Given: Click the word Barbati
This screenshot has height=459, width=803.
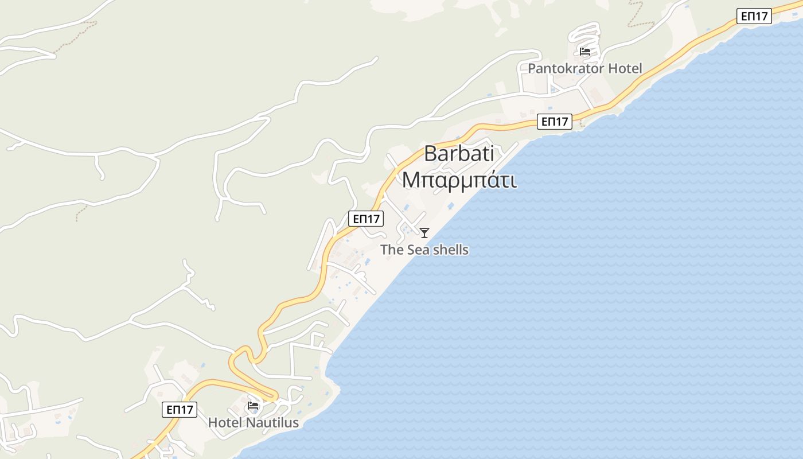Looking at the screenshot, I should coord(459,154).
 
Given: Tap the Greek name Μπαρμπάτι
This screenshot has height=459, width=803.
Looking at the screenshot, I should coord(459,180).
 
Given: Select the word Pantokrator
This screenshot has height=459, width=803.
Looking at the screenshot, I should coord(565,69).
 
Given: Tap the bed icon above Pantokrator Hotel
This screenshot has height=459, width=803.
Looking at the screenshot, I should coord(585,52).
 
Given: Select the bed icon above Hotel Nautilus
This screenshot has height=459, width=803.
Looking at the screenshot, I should coord(253,406).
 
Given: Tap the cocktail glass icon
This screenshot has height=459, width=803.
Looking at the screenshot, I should coord(424,232).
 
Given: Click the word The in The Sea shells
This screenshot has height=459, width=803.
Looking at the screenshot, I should coord(392,250).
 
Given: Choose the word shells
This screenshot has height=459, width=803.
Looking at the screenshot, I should coord(450,250).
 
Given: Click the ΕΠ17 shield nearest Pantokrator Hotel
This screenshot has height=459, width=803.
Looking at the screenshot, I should coord(555,122).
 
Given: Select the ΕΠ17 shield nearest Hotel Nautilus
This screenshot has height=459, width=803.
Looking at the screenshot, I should coord(180,410).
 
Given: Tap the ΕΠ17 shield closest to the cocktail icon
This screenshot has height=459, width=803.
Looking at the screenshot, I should coord(366,219).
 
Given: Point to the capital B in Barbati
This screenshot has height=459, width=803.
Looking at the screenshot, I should coord(431,154).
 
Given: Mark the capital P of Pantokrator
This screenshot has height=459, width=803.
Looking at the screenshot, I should coord(532,69).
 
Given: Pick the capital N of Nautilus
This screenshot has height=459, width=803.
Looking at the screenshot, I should coord(251,423).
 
